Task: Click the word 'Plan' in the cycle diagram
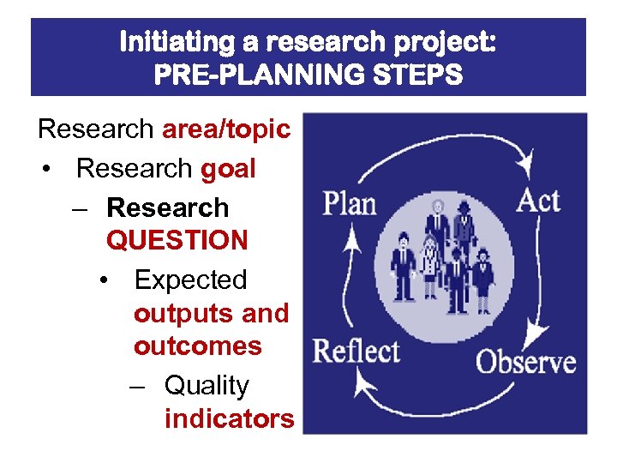[349, 204]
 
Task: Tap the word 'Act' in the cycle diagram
[537, 201]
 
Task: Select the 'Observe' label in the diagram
[525, 361]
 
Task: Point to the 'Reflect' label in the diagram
[356, 351]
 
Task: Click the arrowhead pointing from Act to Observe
[538, 331]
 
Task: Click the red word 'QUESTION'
[177, 240]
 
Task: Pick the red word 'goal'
[228, 169]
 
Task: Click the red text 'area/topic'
[226, 129]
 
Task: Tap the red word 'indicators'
[229, 419]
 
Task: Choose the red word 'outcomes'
[197, 346]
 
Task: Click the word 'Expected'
[190, 280]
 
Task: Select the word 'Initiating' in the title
[176, 41]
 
